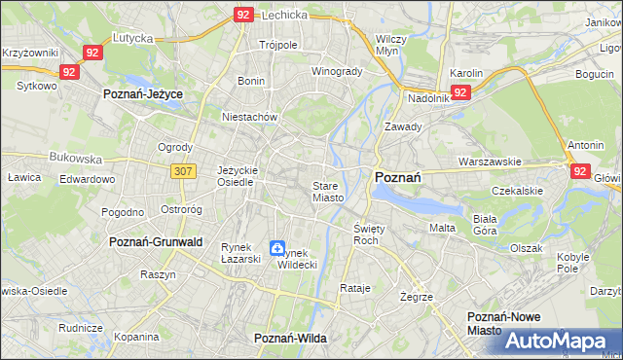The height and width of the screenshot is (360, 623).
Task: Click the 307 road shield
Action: [x=185, y=171]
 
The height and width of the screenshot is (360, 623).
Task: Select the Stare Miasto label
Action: [x=328, y=191]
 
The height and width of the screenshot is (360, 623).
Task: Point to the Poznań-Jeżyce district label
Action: [x=144, y=93]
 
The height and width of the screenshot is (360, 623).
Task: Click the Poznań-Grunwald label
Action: [x=157, y=241]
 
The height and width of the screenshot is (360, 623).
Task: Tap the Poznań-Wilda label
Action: [x=290, y=338]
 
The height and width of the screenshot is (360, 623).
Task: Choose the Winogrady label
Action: [x=336, y=72]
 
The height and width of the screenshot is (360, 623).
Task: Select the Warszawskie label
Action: [x=491, y=162]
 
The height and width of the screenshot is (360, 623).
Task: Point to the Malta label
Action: [x=443, y=228]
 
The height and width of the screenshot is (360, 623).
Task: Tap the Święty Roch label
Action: [x=366, y=234]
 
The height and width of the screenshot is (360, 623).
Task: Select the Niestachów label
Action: [x=251, y=117]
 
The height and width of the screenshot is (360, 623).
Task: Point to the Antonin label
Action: [x=586, y=146]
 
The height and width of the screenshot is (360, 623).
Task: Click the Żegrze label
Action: [x=416, y=296]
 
